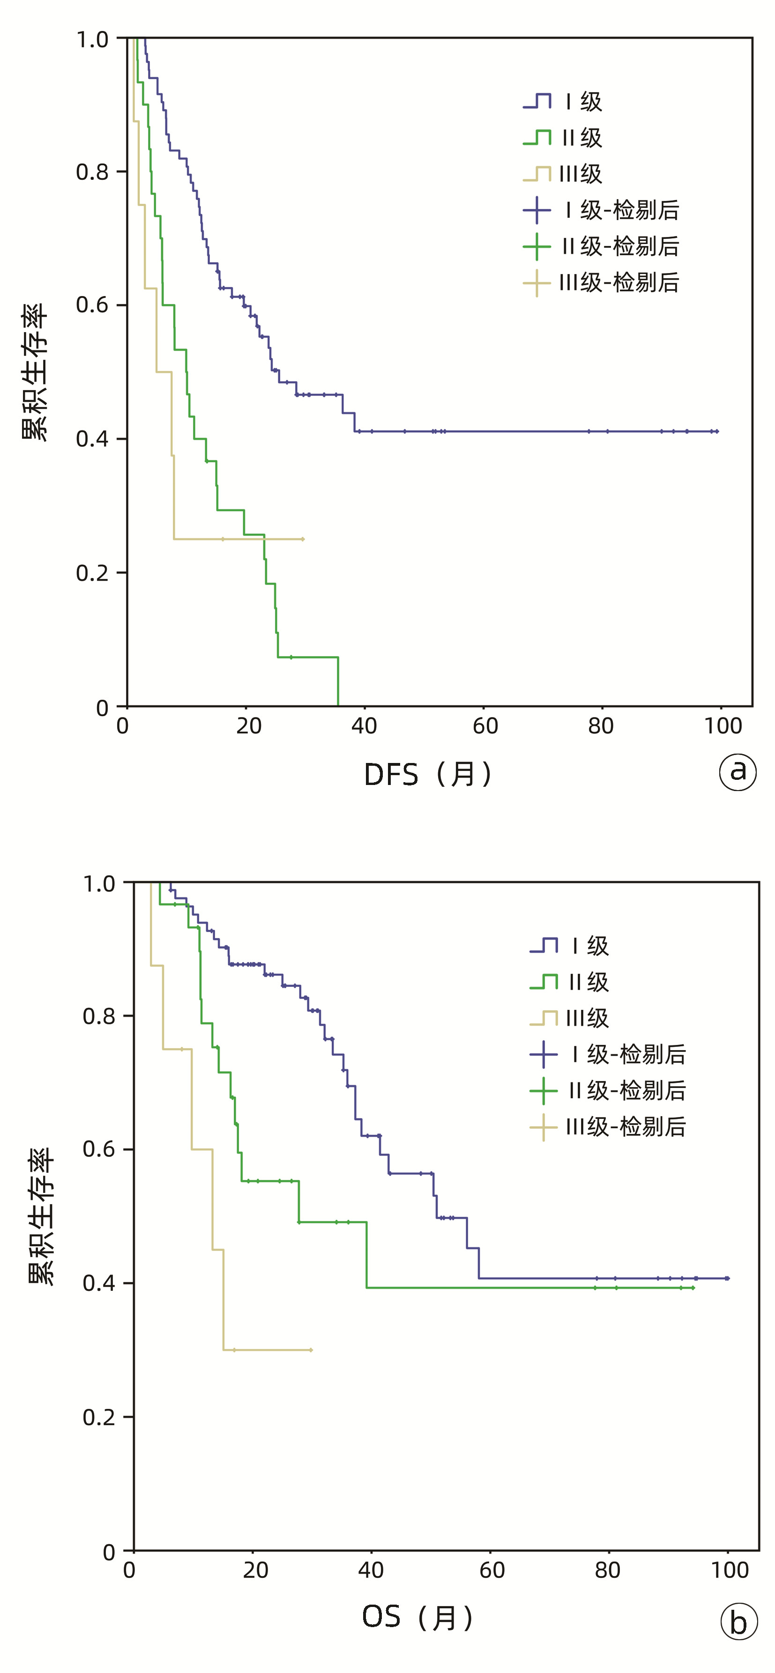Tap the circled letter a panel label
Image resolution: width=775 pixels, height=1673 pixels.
[x=738, y=771]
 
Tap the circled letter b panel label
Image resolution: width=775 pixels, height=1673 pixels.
[x=738, y=1621]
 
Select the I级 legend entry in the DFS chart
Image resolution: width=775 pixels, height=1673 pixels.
[x=564, y=101]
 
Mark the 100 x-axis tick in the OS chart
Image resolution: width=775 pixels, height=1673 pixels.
[x=730, y=1570]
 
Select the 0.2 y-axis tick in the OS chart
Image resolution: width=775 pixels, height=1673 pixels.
[x=99, y=1416]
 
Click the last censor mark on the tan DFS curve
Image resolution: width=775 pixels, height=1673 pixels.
[x=303, y=539]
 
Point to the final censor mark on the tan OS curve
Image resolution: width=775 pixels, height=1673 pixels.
[x=311, y=1350]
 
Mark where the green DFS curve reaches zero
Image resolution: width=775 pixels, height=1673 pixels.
[x=338, y=705]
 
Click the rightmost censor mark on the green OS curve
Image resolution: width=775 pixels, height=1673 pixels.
[x=693, y=1288]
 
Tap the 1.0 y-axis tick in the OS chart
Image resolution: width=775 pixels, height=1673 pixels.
[x=99, y=883]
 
